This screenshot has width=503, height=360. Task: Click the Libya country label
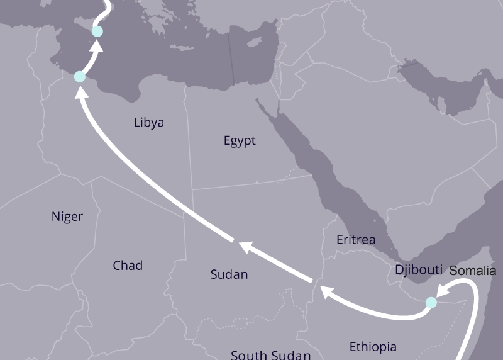click(149, 123)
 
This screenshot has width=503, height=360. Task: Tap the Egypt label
click(240, 141)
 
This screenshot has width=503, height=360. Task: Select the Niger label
click(67, 217)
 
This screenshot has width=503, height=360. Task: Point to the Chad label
click(128, 266)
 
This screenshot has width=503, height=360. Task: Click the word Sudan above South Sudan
click(229, 274)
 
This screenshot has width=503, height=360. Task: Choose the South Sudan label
click(270, 355)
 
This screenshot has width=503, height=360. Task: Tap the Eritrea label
click(356, 240)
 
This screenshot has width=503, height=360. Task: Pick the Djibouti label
click(419, 269)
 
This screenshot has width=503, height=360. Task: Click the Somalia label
click(473, 271)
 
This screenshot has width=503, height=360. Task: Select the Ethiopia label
click(373, 347)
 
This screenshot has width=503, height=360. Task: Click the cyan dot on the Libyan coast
click(79, 77)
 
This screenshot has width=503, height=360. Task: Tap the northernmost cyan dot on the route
click(97, 31)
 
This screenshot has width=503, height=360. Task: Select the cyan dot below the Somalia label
click(431, 303)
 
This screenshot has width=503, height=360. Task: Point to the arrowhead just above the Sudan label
click(242, 246)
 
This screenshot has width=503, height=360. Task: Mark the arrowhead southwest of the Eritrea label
click(327, 291)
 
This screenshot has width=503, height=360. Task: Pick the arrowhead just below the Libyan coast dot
click(80, 93)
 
